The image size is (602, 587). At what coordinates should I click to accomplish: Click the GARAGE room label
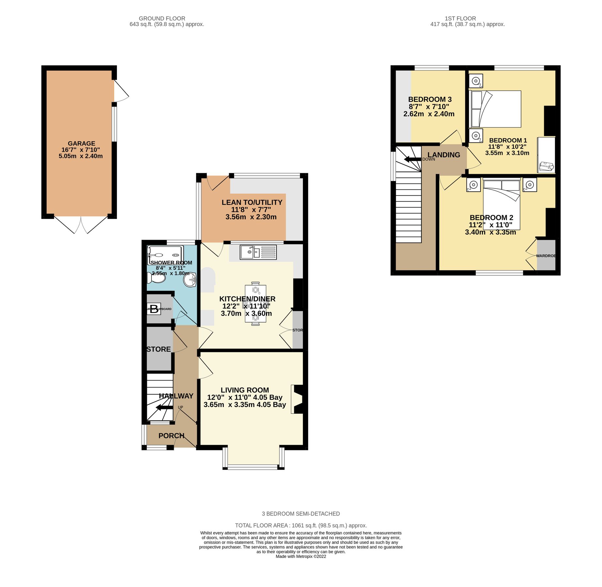tap(81, 143)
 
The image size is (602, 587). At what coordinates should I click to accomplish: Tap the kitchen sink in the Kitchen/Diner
tap(258, 252)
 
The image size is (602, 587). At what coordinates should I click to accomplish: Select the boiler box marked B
tap(154, 309)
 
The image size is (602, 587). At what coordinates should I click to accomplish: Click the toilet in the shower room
tap(156, 278)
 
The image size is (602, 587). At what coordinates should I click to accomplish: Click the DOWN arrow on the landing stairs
tap(412, 159)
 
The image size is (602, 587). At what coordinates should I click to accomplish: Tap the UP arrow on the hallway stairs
tap(164, 407)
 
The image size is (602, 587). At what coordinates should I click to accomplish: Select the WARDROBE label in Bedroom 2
tap(546, 256)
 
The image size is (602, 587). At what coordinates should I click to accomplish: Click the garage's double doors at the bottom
tap(81, 225)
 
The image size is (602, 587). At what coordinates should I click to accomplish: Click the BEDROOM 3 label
tap(430, 99)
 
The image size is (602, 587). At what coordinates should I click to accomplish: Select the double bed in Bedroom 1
tap(495, 109)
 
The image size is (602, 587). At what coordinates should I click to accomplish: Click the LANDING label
tap(444, 155)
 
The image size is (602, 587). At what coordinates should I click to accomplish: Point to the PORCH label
tap(171, 436)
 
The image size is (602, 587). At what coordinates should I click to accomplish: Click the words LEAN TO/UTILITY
tap(252, 202)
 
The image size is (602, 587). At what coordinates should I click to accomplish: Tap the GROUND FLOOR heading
tap(162, 19)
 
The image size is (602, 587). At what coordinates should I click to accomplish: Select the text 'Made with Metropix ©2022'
tap(301, 556)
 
